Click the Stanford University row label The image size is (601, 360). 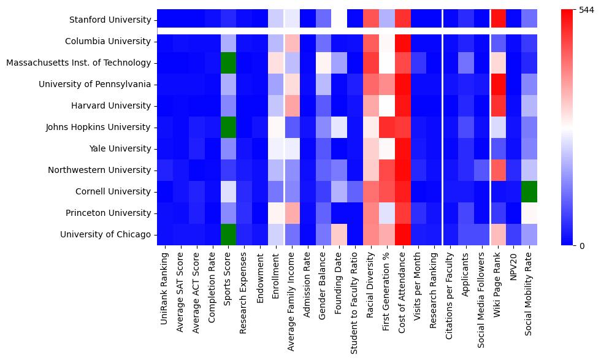point(110,20)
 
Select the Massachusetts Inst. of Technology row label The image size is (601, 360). point(78,63)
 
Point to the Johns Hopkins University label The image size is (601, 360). point(98,128)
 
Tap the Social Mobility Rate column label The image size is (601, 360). point(529,297)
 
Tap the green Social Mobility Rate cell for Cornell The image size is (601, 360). point(529,192)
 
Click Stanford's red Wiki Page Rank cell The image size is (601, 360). point(497,20)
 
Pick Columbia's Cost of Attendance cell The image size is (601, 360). point(402,42)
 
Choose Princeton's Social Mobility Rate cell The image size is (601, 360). point(529,213)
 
